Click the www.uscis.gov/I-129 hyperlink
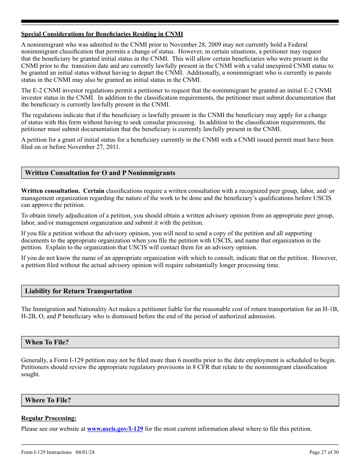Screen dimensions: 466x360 tap(115, 429)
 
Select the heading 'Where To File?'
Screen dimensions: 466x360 tap(48, 400)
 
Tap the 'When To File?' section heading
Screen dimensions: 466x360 tap(47, 342)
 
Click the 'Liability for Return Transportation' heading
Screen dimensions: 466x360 tap(78, 291)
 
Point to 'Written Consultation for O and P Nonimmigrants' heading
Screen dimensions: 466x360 tap(100, 173)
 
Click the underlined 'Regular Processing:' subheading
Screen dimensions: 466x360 tap(49, 418)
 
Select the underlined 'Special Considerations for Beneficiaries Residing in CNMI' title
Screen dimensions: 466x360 tap(102, 34)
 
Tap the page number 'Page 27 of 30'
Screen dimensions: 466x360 tap(324, 452)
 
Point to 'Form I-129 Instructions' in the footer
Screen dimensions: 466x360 tap(46, 452)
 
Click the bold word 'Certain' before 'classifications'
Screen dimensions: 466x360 tap(94, 191)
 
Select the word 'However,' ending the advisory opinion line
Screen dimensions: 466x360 tap(324, 258)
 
